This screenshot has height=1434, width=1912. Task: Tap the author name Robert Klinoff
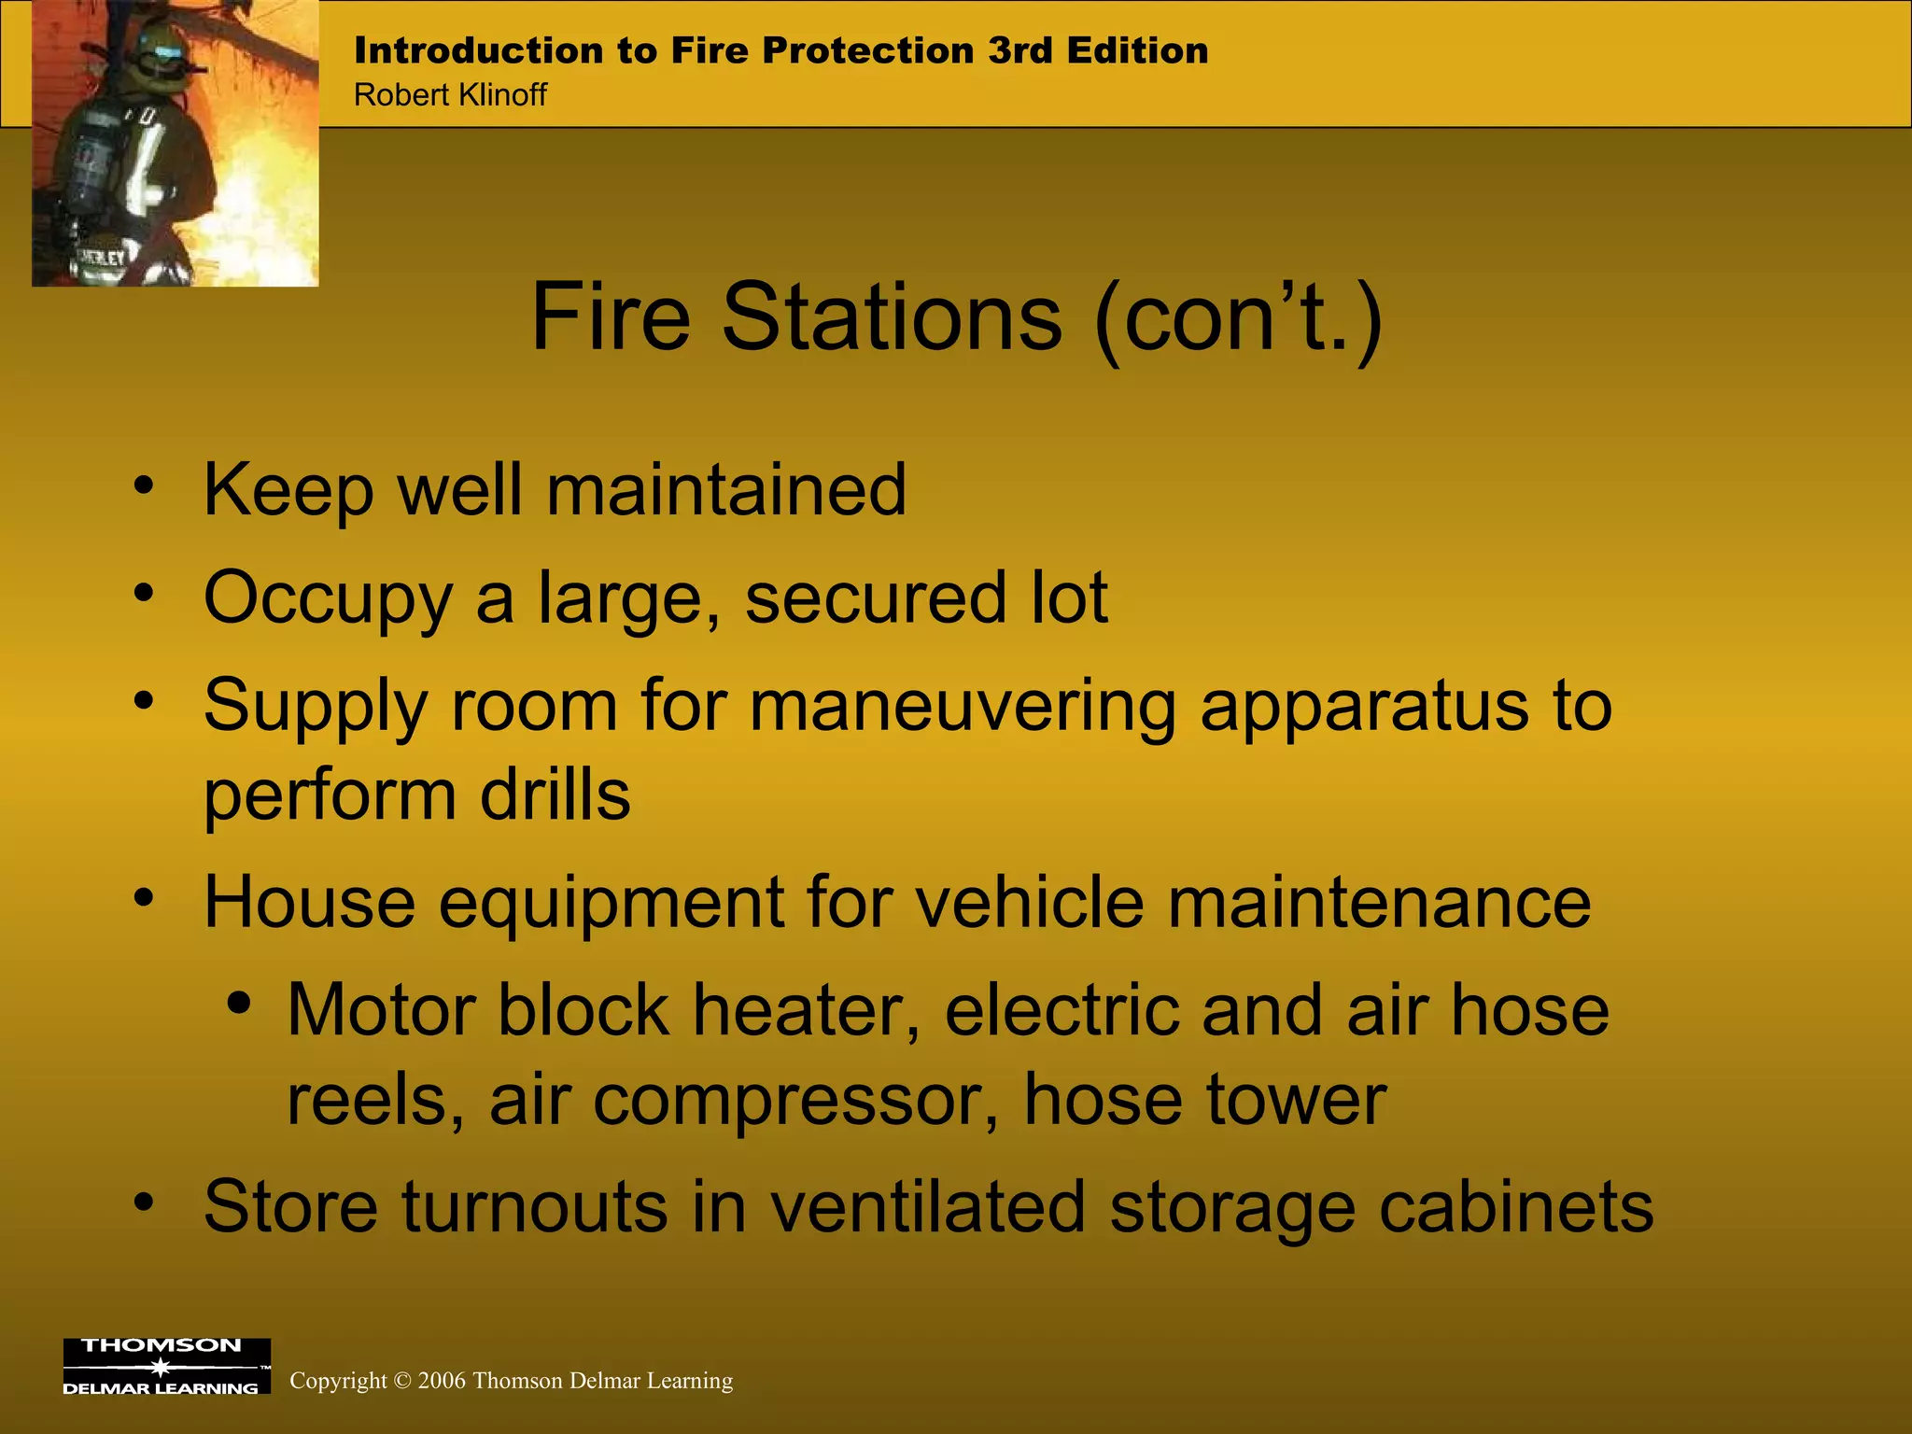point(450,95)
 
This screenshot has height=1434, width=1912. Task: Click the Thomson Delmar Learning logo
point(166,1366)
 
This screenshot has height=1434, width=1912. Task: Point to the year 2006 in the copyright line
point(442,1381)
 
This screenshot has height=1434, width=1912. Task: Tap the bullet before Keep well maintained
point(143,485)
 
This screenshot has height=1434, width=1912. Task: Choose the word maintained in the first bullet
point(725,490)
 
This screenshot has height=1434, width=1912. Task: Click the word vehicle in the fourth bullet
point(1029,903)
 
